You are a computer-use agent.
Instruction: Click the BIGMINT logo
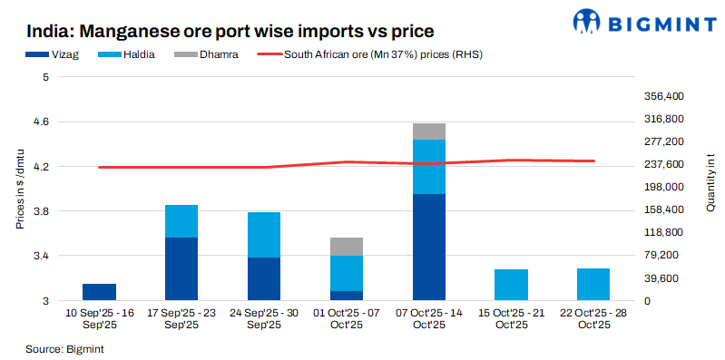click(x=642, y=22)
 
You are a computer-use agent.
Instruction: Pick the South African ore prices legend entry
click(x=372, y=54)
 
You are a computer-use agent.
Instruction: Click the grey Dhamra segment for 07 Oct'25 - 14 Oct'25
click(x=428, y=131)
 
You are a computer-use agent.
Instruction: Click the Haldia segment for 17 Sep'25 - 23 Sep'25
click(x=181, y=221)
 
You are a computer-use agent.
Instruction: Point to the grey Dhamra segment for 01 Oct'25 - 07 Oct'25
click(x=347, y=247)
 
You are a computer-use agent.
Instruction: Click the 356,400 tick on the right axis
click(x=662, y=96)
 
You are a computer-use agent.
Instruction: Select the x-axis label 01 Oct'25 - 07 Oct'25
click(x=347, y=318)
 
